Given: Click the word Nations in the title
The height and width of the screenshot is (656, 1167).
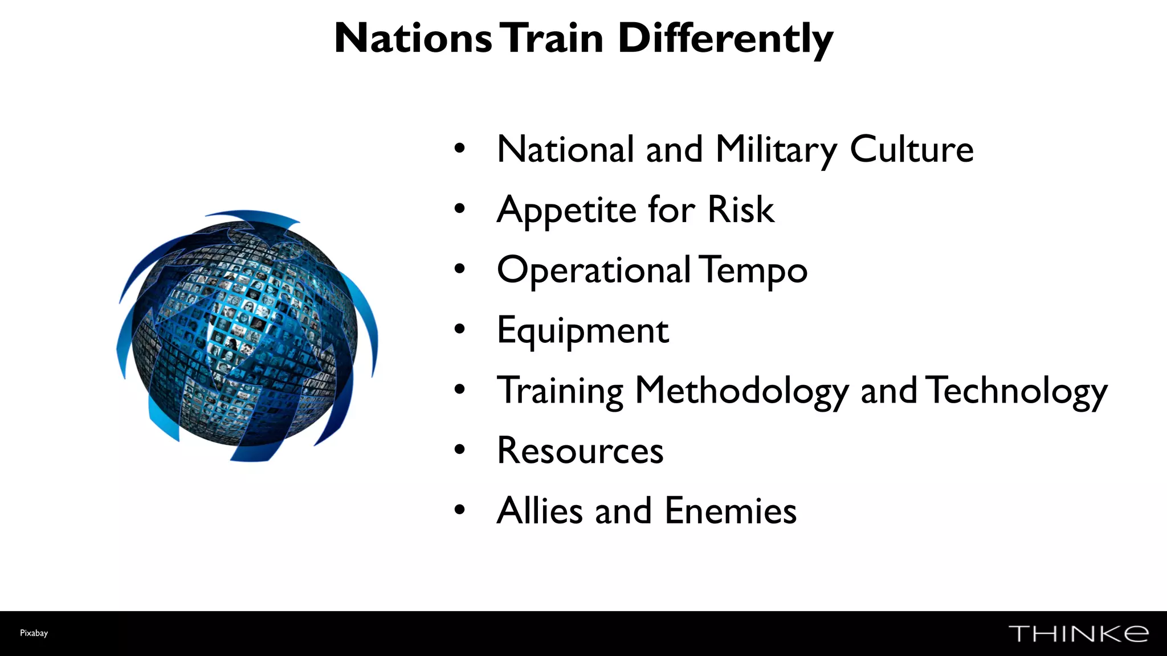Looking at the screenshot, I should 413,39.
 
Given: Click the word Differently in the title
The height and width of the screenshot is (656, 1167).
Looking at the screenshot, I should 725,39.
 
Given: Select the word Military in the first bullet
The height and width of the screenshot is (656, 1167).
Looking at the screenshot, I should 776,150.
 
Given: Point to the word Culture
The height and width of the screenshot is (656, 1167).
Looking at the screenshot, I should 911,150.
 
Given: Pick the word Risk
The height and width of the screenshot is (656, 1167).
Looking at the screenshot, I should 740,210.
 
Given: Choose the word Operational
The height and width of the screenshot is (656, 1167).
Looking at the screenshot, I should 594,270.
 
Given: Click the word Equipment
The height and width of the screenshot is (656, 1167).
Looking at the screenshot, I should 582,331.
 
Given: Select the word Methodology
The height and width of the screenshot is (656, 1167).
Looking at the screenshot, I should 741,392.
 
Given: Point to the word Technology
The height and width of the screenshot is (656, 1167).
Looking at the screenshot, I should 1016,392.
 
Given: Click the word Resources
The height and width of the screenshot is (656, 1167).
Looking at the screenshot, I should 580,451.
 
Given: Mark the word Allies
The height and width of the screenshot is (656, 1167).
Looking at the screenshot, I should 540,511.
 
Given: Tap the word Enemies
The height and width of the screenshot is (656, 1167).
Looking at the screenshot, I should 730,511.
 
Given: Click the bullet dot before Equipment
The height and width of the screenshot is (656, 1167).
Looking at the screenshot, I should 460,329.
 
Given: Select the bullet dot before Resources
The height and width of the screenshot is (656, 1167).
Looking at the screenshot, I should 460,450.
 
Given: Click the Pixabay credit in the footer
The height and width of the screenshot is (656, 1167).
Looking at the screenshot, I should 34,633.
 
